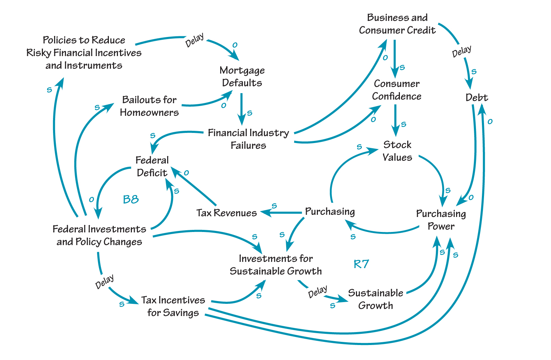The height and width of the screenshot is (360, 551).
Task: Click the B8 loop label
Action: click(x=131, y=199)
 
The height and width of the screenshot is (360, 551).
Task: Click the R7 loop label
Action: click(x=361, y=264)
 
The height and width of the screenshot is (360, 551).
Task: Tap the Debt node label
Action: click(x=476, y=97)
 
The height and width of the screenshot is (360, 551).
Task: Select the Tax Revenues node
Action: click(x=226, y=212)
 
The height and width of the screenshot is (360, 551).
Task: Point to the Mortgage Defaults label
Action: click(x=242, y=76)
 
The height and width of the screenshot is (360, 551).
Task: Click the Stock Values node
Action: click(x=397, y=151)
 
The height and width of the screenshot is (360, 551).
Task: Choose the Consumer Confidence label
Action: click(x=396, y=90)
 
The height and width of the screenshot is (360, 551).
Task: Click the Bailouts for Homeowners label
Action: click(x=149, y=106)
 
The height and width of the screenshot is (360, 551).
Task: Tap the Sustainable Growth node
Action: click(x=375, y=299)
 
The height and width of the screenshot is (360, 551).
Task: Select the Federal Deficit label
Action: click(x=152, y=166)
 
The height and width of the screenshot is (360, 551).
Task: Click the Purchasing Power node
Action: click(x=441, y=220)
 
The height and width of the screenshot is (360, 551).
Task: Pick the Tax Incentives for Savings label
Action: click(x=173, y=306)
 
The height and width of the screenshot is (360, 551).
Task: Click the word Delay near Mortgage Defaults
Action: click(x=194, y=40)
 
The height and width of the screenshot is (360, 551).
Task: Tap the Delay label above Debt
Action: click(x=461, y=52)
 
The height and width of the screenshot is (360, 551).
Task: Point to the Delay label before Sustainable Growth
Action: click(x=318, y=292)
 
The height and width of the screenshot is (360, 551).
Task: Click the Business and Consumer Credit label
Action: click(x=397, y=24)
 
